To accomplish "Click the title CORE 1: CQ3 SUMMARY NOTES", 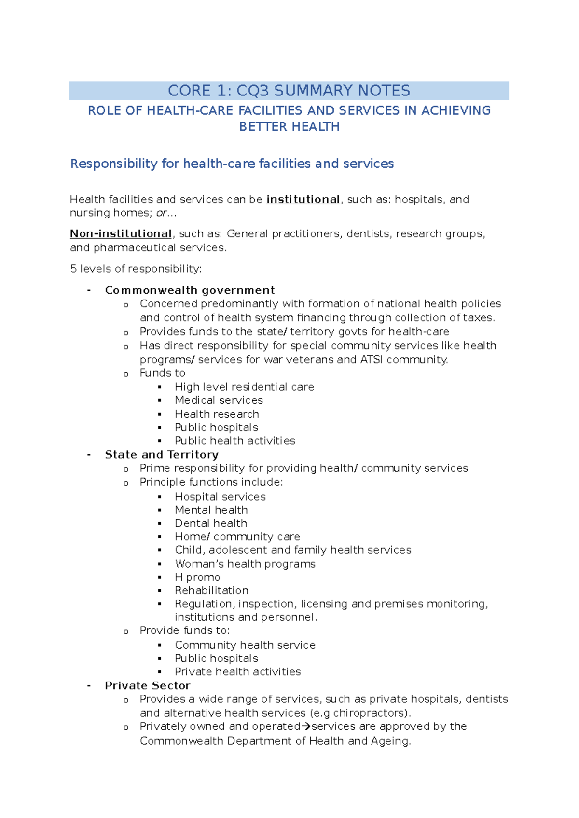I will coord(289,91).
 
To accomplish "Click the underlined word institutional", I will coord(303,200).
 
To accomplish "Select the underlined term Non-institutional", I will coord(121,234).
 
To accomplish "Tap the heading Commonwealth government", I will coord(190,290).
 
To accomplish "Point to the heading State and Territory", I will coord(162,455).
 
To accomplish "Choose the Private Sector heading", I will coord(147,686).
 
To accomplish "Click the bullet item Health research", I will coord(217,414).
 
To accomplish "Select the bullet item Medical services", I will coord(219,400).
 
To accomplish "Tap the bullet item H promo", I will coord(197,577).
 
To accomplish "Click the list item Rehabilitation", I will coord(211,591).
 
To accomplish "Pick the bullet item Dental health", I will coord(211,523).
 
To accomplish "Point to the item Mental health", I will coord(211,510).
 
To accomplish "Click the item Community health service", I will coord(245,645).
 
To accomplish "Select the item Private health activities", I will coord(237,672).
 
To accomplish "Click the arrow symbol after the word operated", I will coord(306,727).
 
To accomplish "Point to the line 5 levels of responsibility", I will coord(136,269).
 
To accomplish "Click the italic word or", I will coord(161,213).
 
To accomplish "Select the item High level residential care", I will coord(244,387).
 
